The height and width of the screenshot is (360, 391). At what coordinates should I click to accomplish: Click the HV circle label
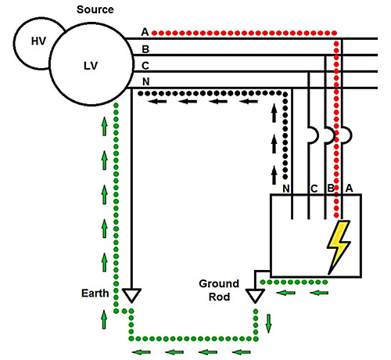(x=38, y=41)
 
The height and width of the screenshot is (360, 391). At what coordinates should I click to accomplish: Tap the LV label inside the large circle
(x=91, y=66)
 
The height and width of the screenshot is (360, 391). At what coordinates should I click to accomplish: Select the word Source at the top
(x=95, y=9)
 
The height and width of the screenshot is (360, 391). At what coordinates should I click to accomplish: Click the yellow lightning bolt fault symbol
(x=339, y=247)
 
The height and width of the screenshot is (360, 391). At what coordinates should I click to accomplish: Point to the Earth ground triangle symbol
(x=131, y=295)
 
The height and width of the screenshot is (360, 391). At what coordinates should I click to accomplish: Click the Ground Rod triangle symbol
(x=255, y=296)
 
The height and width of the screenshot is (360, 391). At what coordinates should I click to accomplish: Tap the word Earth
(x=95, y=293)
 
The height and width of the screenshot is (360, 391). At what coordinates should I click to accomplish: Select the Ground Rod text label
(x=219, y=290)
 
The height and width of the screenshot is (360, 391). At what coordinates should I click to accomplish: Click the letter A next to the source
(x=145, y=32)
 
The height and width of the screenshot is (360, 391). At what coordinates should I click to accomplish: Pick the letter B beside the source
(x=145, y=49)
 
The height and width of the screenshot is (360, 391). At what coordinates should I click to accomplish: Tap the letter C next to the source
(x=145, y=66)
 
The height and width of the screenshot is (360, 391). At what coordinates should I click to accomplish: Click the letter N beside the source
(x=146, y=82)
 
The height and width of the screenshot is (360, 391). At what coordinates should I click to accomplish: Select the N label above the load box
(x=286, y=189)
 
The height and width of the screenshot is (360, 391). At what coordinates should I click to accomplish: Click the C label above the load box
(x=314, y=189)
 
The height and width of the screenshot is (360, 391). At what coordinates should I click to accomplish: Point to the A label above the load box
(x=349, y=188)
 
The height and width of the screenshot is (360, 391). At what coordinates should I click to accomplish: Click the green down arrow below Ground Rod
(x=269, y=323)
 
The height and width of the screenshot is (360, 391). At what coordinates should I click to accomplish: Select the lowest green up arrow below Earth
(x=104, y=319)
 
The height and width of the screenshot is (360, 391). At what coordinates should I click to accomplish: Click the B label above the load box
(x=331, y=188)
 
